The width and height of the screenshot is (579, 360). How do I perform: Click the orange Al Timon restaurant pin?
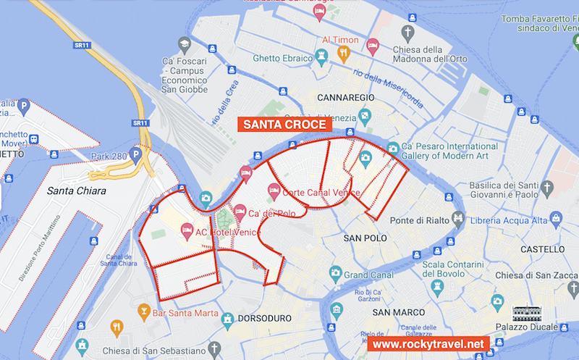tap(344, 53)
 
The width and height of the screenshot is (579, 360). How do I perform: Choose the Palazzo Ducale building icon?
tap(526, 314)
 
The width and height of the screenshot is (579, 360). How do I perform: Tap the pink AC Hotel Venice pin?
tap(187, 230)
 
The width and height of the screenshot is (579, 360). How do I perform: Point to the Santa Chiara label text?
tap(76, 191)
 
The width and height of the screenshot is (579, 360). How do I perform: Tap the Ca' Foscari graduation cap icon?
tap(185, 43)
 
